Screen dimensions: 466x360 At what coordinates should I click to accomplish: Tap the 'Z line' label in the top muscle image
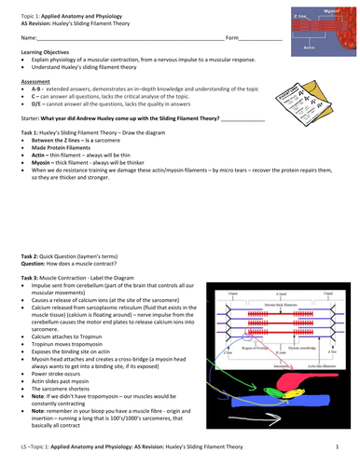pyautogui.click(x=301, y=16)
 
